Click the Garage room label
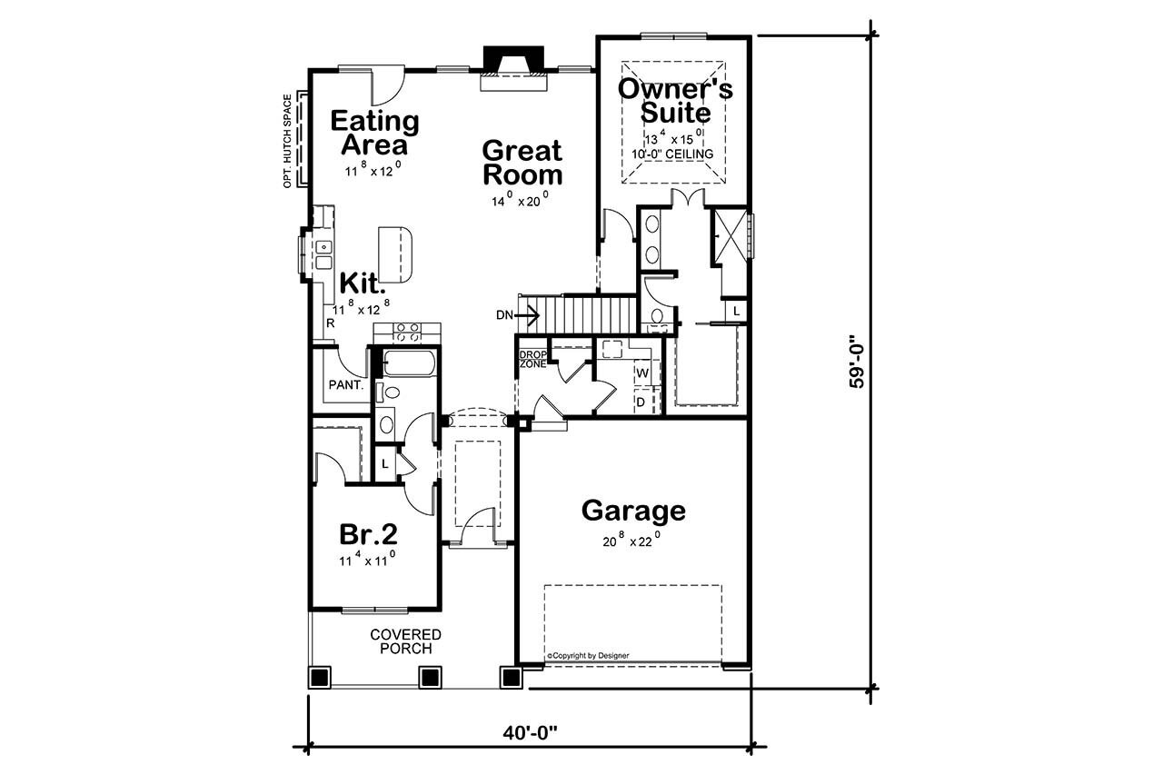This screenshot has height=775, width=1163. coord(633,511)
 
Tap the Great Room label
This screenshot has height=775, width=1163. coord(522,162)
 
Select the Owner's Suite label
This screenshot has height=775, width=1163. coord(675,101)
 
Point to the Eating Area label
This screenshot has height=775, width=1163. coord(374,133)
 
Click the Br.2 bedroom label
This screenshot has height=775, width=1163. coord(369,533)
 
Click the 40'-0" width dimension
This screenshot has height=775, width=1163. coord(529,733)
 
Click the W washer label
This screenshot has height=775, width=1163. coord(641,373)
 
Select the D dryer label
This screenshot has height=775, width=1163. coord(640,401)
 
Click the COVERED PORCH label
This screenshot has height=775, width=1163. coord(405,641)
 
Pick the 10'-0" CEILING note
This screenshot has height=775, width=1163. coord(672,154)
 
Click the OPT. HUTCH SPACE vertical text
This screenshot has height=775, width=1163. coord(287,141)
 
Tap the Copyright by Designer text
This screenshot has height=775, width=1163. coord(587,655)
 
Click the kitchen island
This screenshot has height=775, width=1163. coord(395,254)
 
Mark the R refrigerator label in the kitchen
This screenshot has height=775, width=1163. coord(330,323)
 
